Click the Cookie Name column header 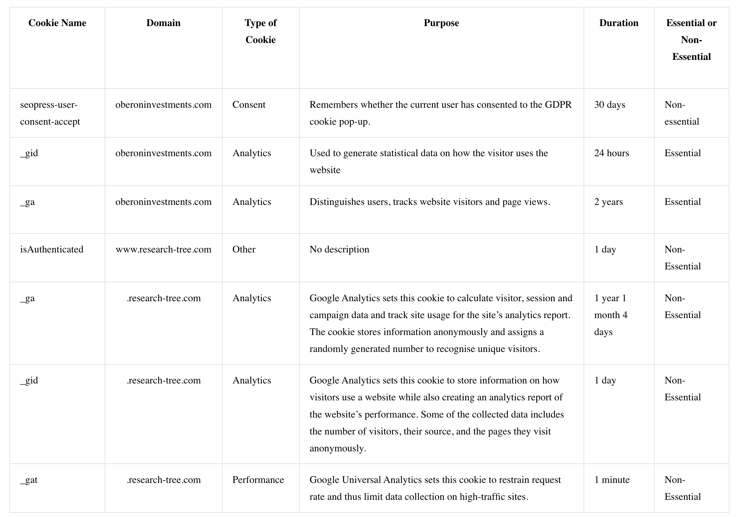coord(57,23)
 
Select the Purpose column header coord(441,23)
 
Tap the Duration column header coord(619,23)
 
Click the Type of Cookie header coord(260,31)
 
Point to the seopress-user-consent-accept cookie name coord(50,113)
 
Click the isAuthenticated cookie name coord(52,249)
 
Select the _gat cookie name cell coord(29,480)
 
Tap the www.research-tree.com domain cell coord(164,249)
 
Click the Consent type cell coord(249,105)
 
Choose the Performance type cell coord(258,480)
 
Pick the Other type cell coord(244,249)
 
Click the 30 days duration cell coord(609,105)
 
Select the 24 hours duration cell coord(611,153)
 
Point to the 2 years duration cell coord(609,202)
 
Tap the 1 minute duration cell coord(612,480)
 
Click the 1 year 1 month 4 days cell coord(610,315)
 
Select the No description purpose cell coord(339,249)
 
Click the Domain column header coord(164,23)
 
